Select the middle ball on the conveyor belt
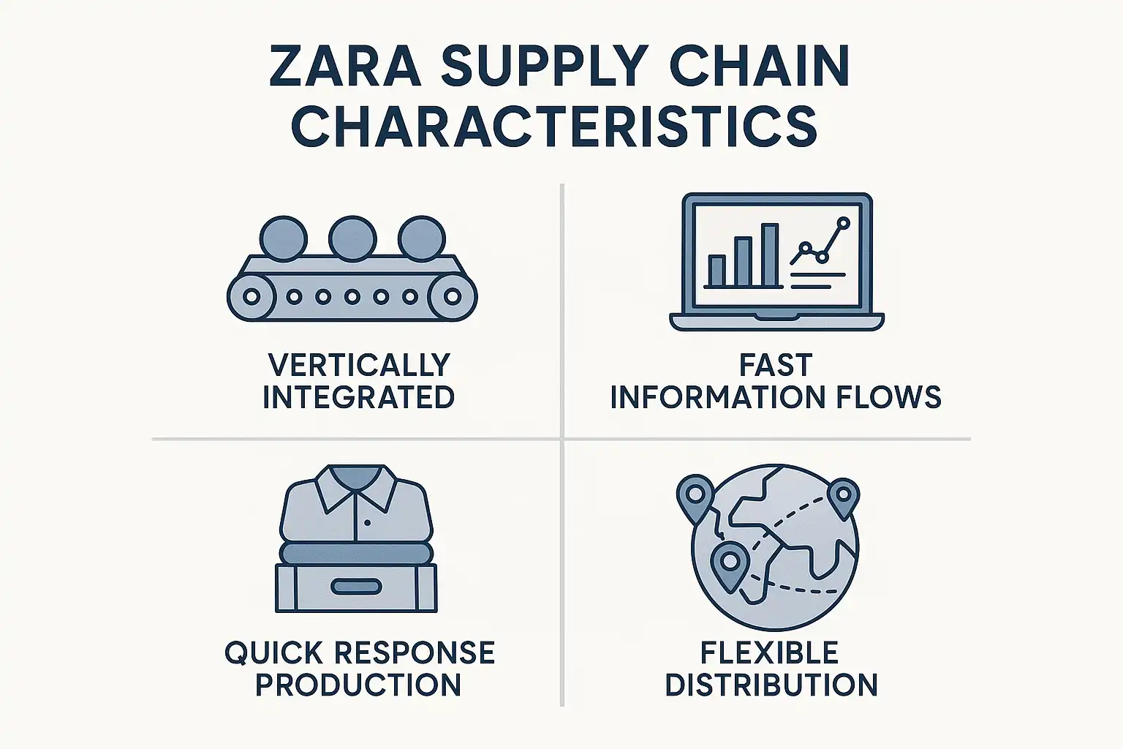click(x=352, y=238)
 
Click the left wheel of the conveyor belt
click(x=251, y=296)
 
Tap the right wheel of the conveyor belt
click(x=453, y=296)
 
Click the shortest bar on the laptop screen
click(x=716, y=270)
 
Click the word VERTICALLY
click(x=358, y=364)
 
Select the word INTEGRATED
click(x=358, y=397)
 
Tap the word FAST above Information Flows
click(x=776, y=364)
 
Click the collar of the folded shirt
click(x=355, y=488)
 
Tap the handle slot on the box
click(x=356, y=587)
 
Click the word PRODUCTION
click(x=358, y=685)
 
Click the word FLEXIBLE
click(x=769, y=652)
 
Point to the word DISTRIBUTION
click(x=771, y=685)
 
